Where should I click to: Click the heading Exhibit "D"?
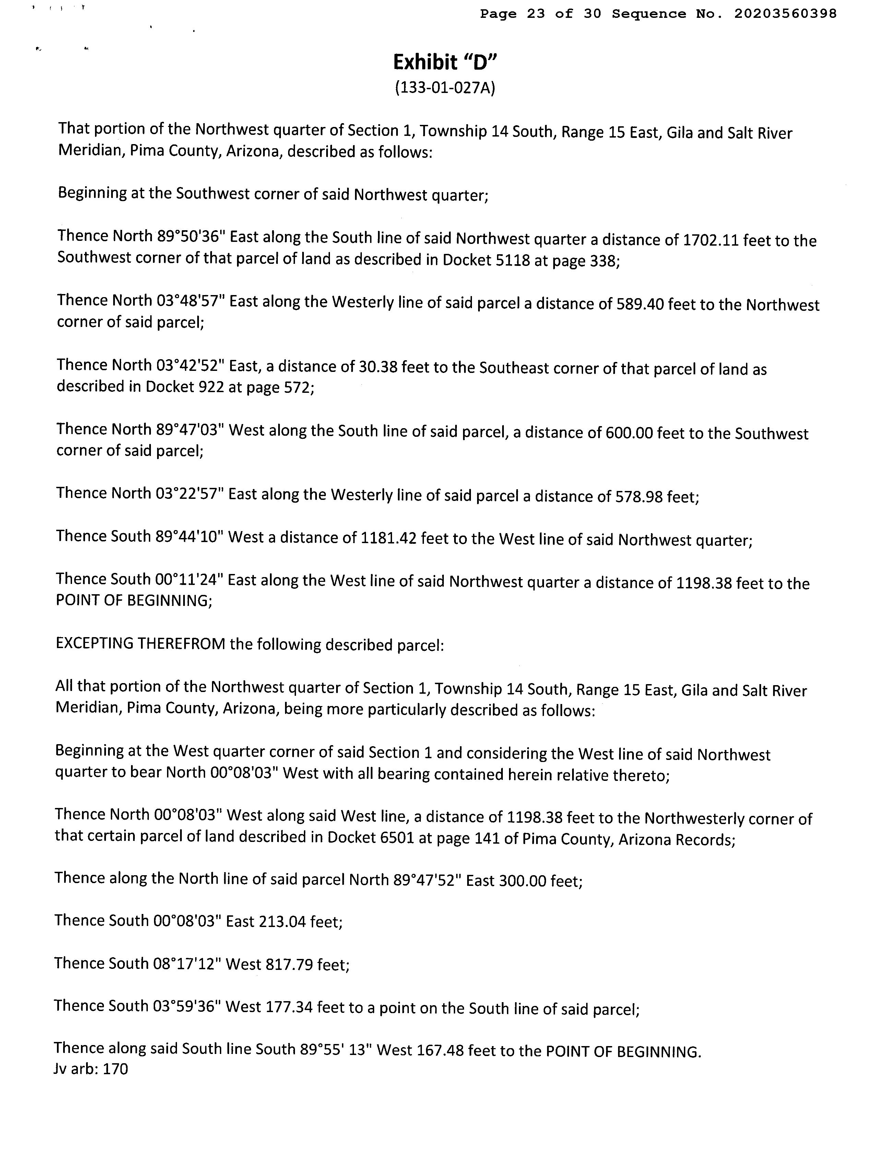(445, 62)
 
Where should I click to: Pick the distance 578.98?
(639, 496)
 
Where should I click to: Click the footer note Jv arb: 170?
(91, 1069)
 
